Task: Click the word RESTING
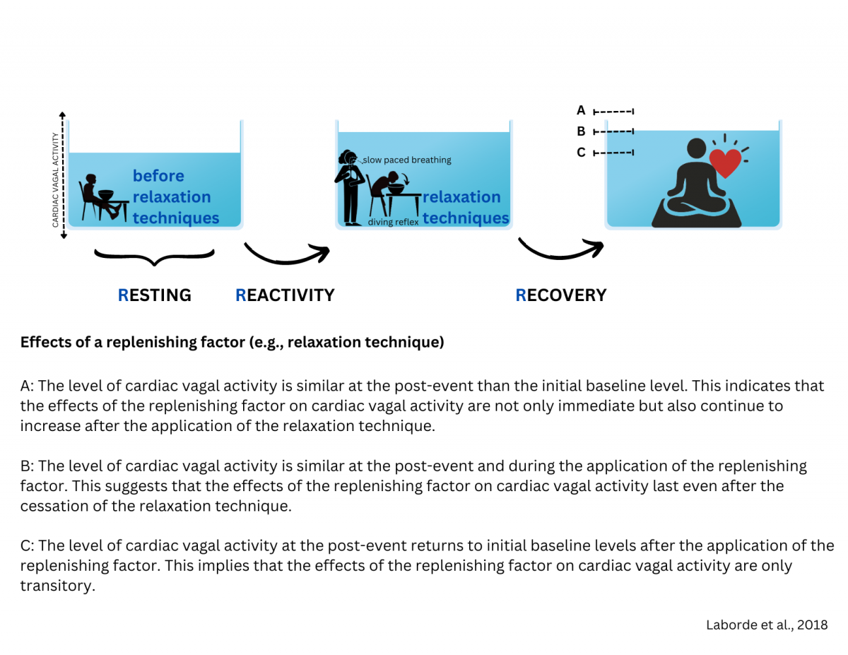[x=154, y=295]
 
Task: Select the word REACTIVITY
[x=285, y=295]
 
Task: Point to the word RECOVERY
[x=561, y=295]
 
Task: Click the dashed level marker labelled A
[x=613, y=111]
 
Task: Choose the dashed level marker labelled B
[x=613, y=131]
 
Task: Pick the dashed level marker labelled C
[x=613, y=152]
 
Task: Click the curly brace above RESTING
[x=154, y=256]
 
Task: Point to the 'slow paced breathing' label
[x=406, y=160]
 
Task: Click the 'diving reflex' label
[x=394, y=222]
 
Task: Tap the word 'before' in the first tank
[x=158, y=176]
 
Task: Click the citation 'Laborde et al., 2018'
[x=766, y=625]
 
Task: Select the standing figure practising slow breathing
[x=349, y=187]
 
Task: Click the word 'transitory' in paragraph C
[x=57, y=586]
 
